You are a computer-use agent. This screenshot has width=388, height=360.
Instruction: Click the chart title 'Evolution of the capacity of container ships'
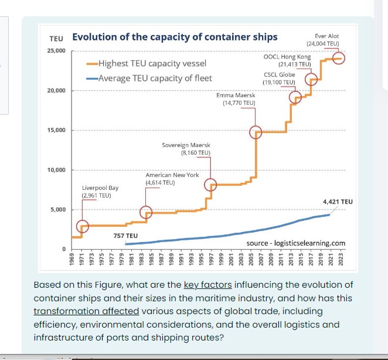click(175, 38)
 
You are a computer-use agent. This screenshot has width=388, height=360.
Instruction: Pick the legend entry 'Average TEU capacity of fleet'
click(155, 78)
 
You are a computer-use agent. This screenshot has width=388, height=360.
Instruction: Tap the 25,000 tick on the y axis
click(56, 51)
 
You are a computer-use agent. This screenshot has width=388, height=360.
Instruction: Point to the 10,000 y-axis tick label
click(56, 170)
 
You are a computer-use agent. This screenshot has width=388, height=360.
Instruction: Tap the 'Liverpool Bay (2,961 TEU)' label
click(100, 191)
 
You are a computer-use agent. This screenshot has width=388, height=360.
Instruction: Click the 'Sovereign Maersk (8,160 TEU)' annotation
click(186, 148)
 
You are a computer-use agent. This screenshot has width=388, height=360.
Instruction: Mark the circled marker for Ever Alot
click(339, 58)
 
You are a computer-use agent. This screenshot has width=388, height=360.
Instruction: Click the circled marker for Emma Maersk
click(256, 132)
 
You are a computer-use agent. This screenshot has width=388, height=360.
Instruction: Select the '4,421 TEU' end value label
click(338, 202)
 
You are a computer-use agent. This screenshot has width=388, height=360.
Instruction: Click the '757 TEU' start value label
click(125, 235)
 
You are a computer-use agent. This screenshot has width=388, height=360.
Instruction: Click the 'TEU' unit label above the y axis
click(56, 39)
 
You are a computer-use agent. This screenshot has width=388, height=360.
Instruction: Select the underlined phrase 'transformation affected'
click(86, 311)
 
